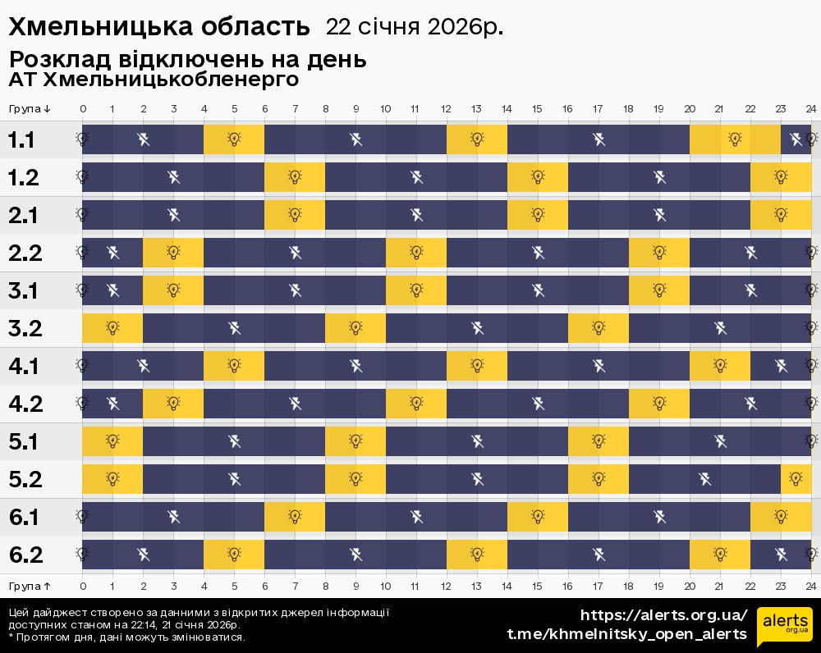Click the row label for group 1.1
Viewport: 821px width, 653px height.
pos(21,140)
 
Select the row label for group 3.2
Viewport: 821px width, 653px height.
pos(25,329)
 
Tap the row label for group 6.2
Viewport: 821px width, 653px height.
pos(25,555)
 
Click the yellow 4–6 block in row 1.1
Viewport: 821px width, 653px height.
pos(234,139)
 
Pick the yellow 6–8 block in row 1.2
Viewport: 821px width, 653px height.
pos(295,177)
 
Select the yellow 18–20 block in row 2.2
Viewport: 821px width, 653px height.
pos(659,253)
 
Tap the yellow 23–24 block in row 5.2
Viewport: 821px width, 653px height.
pos(796,479)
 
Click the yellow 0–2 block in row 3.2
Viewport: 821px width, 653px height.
pos(112,328)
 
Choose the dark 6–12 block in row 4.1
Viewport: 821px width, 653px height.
pos(355,366)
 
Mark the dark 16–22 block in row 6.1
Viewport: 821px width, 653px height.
pos(659,517)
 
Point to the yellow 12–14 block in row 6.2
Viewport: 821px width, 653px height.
pos(477,555)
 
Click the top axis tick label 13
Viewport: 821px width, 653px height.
pos(477,109)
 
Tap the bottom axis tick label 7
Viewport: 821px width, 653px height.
pos(295,586)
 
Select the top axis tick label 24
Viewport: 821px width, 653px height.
pos(810,109)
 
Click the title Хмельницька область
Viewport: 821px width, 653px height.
pos(159,27)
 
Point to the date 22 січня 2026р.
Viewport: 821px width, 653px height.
pos(415,27)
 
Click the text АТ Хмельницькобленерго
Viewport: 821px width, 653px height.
pos(153,80)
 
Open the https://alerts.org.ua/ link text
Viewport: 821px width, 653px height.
pos(664,615)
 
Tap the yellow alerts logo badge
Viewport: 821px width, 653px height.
pos(785,628)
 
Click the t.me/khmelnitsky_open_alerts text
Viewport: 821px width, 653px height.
pos(627,634)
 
